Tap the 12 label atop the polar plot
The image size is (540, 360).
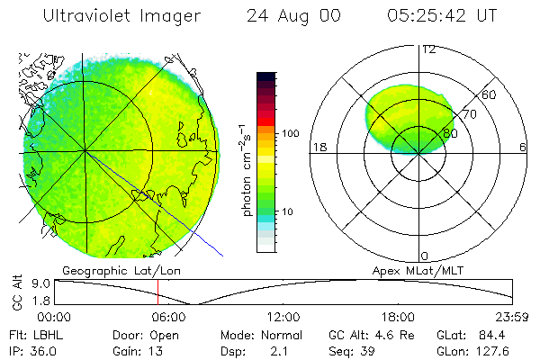pyautogui.click(x=429, y=49)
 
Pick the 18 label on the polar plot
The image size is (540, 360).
pyautogui.click(x=318, y=148)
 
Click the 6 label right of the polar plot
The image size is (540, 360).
pyautogui.click(x=523, y=148)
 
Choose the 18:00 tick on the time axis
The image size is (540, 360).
pyautogui.click(x=399, y=317)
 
